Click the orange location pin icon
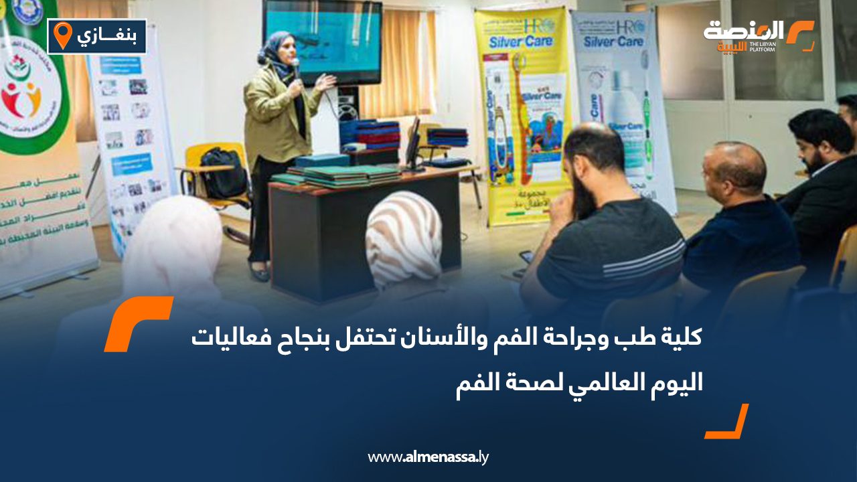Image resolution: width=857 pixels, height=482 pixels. click(x=62, y=35)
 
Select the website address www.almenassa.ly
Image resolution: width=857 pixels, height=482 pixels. click(x=428, y=457)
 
